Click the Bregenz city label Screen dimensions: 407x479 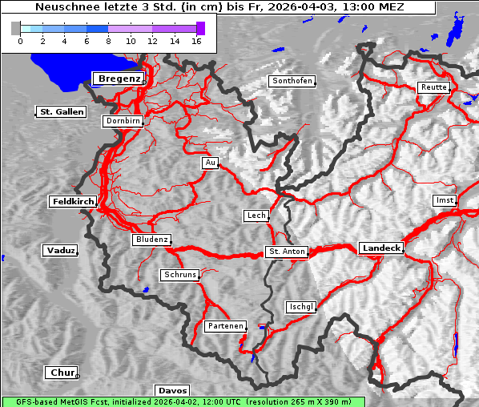coord(119,79)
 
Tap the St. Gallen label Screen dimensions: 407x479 coord(61,112)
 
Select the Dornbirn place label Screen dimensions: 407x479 coord(123,122)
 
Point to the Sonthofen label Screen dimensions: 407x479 coord(292,82)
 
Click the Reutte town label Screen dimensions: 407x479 coord(433,87)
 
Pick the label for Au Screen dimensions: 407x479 coord(210,163)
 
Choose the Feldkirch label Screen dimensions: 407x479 coord(73,202)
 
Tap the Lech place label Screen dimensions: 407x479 coord(256,216)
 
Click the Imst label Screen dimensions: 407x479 coord(443,199)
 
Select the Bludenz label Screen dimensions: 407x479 coord(151,240)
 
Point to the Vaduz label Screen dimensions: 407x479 coord(60,251)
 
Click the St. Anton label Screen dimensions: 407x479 coord(286,252)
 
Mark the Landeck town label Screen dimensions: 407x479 coord(380,248)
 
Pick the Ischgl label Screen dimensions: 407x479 coord(301,307)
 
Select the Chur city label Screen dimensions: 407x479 coord(61,373)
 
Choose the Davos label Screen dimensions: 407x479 coord(172,391)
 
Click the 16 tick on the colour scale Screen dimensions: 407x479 coord(195,40)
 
